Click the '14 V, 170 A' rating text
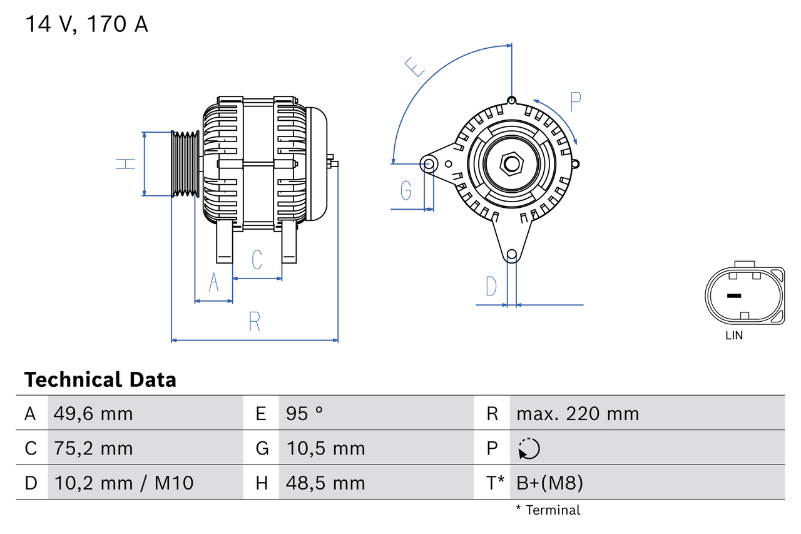pyautogui.click(x=86, y=24)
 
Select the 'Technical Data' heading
pyautogui.click(x=100, y=380)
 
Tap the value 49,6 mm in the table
pyautogui.click(x=93, y=414)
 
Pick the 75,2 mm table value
pyautogui.click(x=93, y=448)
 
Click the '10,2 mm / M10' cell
pyautogui.click(x=124, y=483)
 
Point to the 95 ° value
pyautogui.click(x=305, y=414)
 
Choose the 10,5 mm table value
pyautogui.click(x=325, y=448)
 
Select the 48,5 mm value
pyautogui.click(x=325, y=483)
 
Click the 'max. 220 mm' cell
pyautogui.click(x=578, y=414)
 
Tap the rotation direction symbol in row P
pyautogui.click(x=529, y=448)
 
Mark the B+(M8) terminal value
pyautogui.click(x=549, y=483)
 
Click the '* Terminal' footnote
pyautogui.click(x=548, y=510)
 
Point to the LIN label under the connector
pyautogui.click(x=734, y=336)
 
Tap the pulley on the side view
pyautogui.click(x=185, y=164)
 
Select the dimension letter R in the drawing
pyautogui.click(x=254, y=321)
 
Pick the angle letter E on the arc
pyautogui.click(x=415, y=66)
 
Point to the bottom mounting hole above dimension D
pyautogui.click(x=512, y=254)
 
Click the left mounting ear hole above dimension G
pyautogui.click(x=429, y=165)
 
